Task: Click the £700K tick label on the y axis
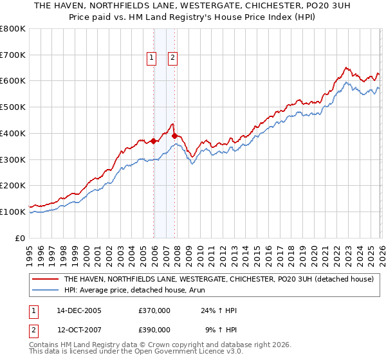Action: point(13,55)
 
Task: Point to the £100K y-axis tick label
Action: point(13,212)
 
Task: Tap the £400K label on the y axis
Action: point(13,134)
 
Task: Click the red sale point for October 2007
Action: point(174,136)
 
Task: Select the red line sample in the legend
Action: point(45,280)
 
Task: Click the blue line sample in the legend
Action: point(45,290)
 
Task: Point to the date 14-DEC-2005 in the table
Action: point(79,310)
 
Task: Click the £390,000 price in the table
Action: point(154,329)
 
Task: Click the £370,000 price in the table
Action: point(154,310)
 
